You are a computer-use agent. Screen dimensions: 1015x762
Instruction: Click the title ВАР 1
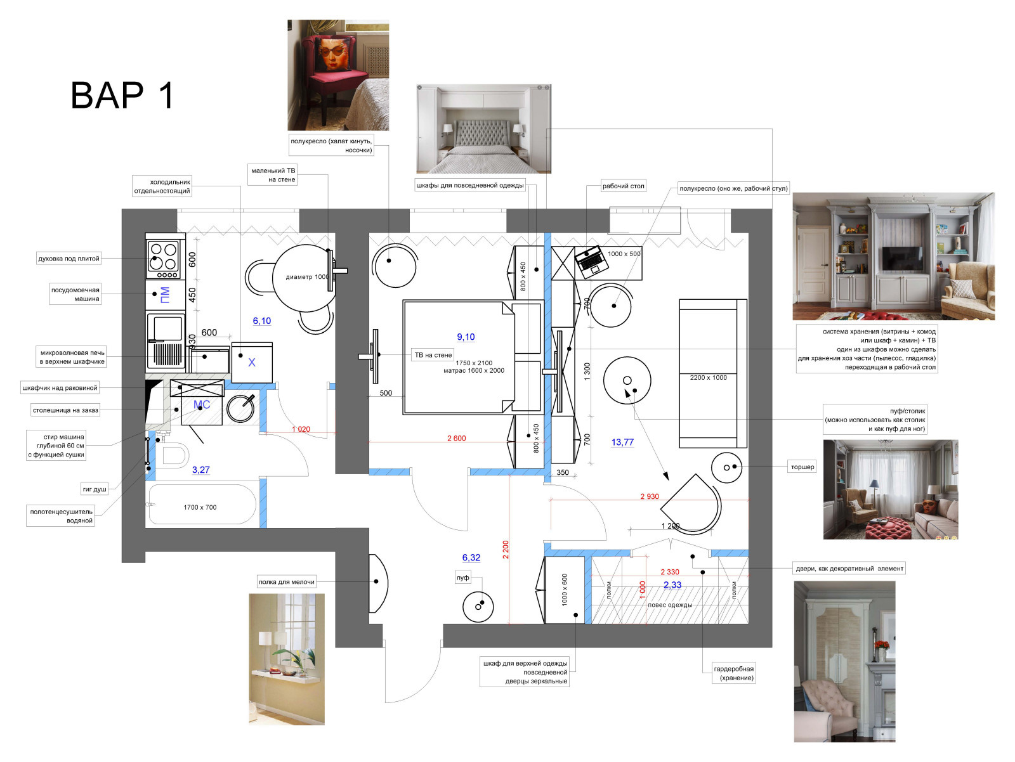(x=122, y=95)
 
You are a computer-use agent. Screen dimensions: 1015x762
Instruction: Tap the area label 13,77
(x=622, y=442)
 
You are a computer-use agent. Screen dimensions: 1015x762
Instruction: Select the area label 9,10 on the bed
(x=466, y=337)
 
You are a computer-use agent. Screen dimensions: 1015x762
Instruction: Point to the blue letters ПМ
(x=164, y=295)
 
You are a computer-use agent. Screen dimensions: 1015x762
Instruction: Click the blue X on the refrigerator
(x=252, y=362)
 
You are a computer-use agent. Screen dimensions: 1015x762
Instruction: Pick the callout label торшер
(x=802, y=467)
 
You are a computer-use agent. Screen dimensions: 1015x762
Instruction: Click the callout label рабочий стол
(x=623, y=186)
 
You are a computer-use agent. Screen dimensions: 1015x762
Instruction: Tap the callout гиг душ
(x=95, y=489)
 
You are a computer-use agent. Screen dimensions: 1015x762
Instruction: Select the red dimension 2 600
(x=456, y=439)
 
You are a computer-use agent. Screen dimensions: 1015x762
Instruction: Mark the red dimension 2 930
(x=649, y=497)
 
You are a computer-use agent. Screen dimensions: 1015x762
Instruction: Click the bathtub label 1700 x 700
(x=200, y=507)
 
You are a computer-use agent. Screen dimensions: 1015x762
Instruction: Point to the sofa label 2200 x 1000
(x=708, y=378)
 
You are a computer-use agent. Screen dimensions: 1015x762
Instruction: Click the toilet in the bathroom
(x=173, y=455)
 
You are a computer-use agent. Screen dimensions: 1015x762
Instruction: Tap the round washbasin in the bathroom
(x=240, y=408)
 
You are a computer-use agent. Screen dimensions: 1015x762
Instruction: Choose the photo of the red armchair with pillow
(x=338, y=75)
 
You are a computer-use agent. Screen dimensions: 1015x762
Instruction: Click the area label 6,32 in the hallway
(x=471, y=558)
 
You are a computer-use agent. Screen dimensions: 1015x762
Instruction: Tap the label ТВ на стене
(x=433, y=355)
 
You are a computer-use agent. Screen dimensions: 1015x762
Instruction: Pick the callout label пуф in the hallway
(x=462, y=578)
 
